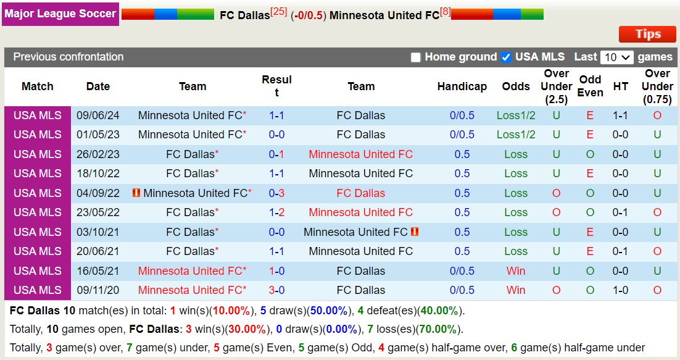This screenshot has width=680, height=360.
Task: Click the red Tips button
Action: (647, 34)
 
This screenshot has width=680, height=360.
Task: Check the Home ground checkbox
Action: (416, 57)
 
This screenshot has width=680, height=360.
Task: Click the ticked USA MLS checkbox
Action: (506, 57)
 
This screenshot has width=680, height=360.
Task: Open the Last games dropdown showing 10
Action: (616, 57)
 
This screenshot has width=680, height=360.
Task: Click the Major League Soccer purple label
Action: (60, 13)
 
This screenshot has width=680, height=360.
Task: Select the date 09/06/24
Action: (98, 115)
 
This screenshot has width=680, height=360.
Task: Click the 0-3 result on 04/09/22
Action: (276, 193)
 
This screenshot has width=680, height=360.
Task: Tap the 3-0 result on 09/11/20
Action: (276, 290)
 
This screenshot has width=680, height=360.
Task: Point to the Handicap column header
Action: (462, 86)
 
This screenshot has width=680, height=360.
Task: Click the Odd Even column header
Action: (590, 86)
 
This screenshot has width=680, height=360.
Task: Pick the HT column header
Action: (621, 86)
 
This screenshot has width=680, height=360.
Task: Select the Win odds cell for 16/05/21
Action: (515, 271)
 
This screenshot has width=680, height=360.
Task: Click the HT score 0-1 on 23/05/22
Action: (621, 212)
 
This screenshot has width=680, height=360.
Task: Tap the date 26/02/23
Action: (98, 154)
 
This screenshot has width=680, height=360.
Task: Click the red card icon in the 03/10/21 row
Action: (415, 232)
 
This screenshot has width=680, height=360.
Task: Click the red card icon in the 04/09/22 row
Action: (136, 193)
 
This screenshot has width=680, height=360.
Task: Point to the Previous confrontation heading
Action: (68, 57)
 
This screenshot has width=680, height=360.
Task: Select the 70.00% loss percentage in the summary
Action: (438, 329)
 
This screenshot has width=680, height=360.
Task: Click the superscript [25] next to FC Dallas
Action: (279, 12)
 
